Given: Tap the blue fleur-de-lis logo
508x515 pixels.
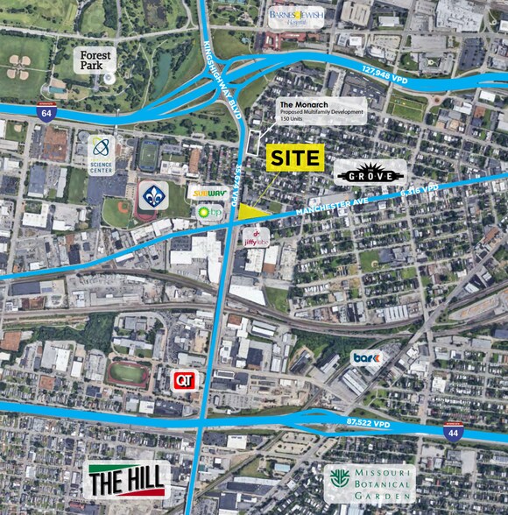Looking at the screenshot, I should pyautogui.click(x=153, y=196).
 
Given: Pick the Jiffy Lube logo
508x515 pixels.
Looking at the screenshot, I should pyautogui.click(x=254, y=237).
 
